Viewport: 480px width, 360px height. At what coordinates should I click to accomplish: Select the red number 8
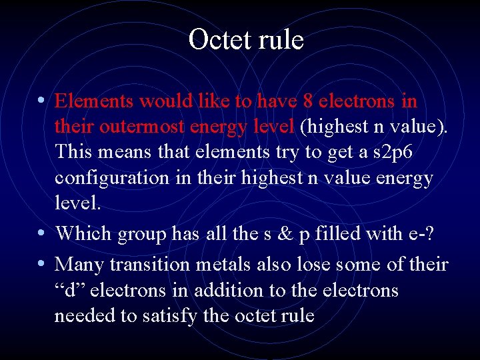coord(307,101)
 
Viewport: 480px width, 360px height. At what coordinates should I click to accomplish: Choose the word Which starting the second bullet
coord(84,233)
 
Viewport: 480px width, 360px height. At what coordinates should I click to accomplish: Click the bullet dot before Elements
coord(41,101)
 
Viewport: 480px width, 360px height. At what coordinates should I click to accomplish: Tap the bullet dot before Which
coord(41,234)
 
